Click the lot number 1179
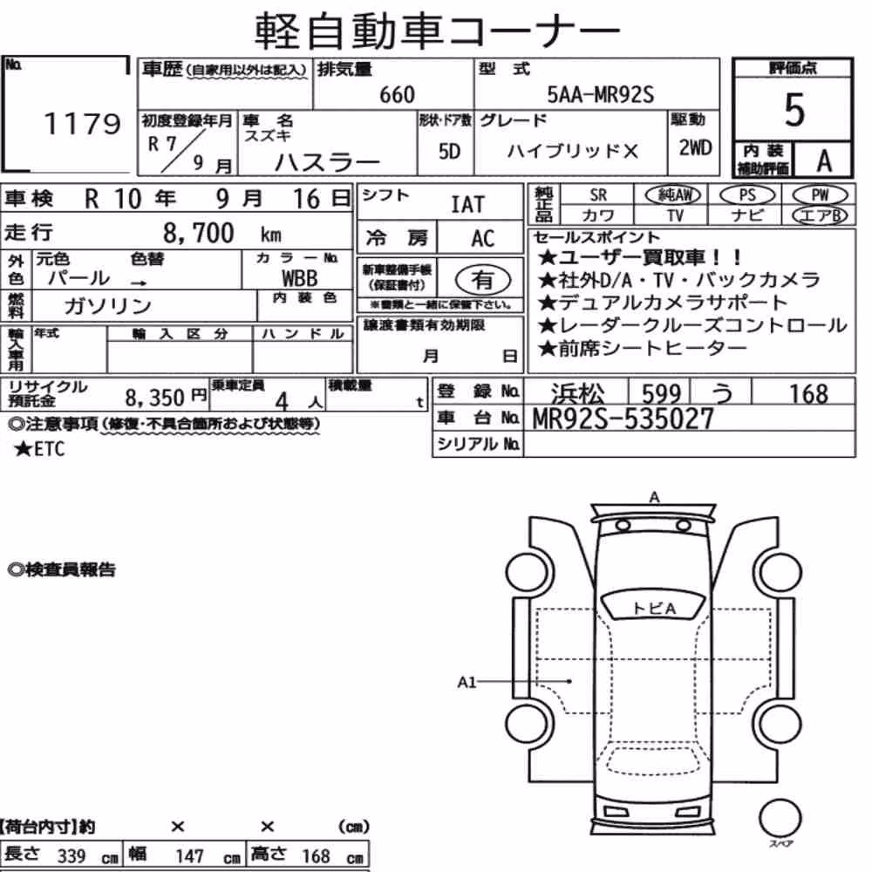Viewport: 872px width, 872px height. pyautogui.click(x=82, y=123)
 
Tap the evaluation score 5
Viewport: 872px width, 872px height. pyautogui.click(x=794, y=110)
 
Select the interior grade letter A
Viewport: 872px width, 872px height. pyautogui.click(x=824, y=160)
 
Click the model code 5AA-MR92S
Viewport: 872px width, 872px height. pyautogui.click(x=601, y=94)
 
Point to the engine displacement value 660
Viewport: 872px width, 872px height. pyautogui.click(x=397, y=95)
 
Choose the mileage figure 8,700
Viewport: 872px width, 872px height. pyautogui.click(x=199, y=233)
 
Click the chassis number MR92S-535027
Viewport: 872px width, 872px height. pyautogui.click(x=623, y=419)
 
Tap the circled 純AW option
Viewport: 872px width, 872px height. pyautogui.click(x=673, y=194)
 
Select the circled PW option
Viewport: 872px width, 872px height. pyautogui.click(x=820, y=194)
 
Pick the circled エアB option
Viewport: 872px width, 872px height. pyautogui.click(x=820, y=215)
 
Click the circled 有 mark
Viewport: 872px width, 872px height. pyautogui.click(x=483, y=279)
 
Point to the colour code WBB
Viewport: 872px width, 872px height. pyautogui.click(x=300, y=277)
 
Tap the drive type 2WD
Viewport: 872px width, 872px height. pyautogui.click(x=695, y=148)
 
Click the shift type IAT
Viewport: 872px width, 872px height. pyautogui.click(x=467, y=204)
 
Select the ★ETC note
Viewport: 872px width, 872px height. pyautogui.click(x=39, y=449)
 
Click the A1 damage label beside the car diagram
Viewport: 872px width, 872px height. pyautogui.click(x=467, y=682)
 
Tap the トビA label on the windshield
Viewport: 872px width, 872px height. pyautogui.click(x=654, y=609)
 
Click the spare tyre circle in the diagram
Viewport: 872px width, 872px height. pyautogui.click(x=780, y=819)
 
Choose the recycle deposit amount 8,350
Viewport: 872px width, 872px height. pyautogui.click(x=154, y=398)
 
